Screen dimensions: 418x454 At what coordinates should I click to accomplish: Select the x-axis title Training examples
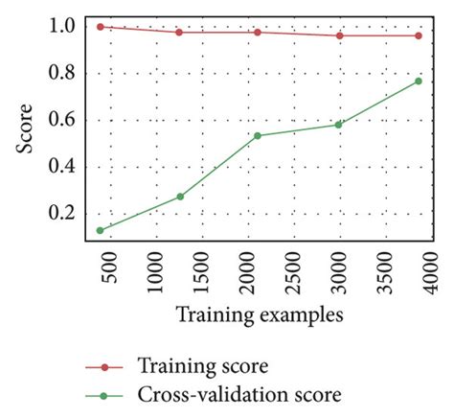[x=261, y=313]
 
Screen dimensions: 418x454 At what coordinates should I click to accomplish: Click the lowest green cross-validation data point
[x=101, y=230]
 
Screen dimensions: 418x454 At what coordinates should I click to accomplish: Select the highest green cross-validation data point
[x=418, y=81]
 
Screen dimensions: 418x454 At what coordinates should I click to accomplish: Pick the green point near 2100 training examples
[x=258, y=135]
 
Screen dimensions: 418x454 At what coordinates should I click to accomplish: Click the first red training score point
[x=101, y=27]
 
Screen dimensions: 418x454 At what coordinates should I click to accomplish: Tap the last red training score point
[x=418, y=35]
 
